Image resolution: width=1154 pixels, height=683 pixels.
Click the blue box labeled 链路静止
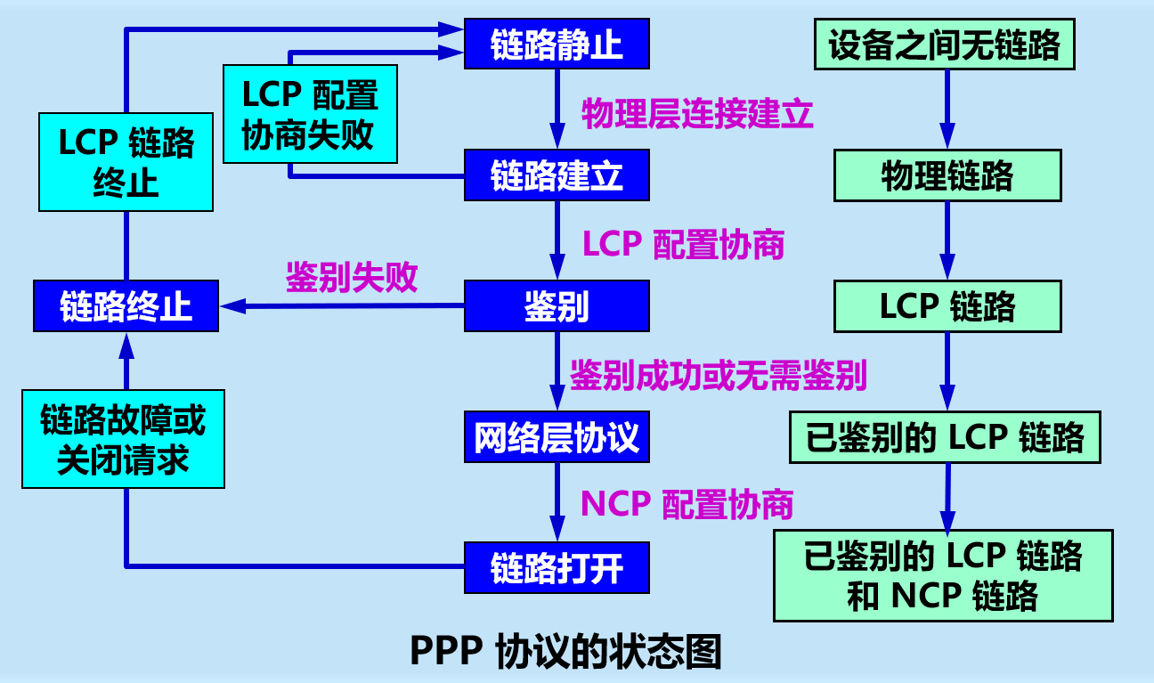557,44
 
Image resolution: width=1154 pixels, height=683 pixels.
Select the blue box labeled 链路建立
557,175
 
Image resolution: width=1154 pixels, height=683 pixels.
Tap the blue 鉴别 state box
557,306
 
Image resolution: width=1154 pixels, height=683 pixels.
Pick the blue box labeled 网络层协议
557,437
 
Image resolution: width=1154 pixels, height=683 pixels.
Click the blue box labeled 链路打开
557,567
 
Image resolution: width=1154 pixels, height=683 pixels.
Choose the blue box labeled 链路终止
126,306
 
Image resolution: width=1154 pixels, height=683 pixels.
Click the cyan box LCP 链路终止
126,161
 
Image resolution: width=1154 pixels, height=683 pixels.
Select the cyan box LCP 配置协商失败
309,113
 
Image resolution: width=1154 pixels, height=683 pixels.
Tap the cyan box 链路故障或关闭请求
123,439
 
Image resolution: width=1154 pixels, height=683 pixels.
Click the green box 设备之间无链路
945,45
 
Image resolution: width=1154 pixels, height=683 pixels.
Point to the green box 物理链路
947,175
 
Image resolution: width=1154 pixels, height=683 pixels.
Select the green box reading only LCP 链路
947,306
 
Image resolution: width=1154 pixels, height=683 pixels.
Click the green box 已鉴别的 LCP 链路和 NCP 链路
943,575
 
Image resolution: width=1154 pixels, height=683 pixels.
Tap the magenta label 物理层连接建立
697,114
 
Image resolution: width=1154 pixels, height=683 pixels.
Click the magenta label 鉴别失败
352,278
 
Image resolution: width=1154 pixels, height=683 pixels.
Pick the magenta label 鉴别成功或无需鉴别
718,376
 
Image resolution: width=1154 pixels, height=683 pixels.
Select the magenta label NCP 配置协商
687,505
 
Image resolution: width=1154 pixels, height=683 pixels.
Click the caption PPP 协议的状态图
565,652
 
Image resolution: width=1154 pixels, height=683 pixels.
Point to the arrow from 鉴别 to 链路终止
343,306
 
